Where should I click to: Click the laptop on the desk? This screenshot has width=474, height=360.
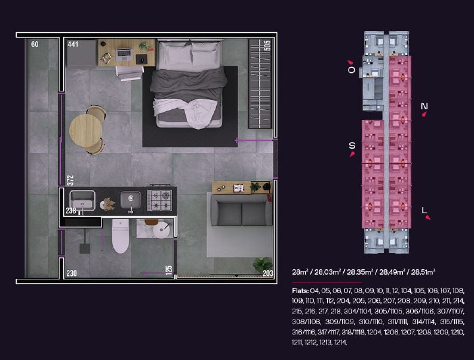click(124, 55)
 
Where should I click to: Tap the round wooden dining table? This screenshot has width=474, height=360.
click(85, 131)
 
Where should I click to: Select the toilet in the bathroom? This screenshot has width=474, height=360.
click(121, 236)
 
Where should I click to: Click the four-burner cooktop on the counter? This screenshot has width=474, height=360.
click(159, 200)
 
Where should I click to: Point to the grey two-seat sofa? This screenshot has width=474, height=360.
click(241, 210)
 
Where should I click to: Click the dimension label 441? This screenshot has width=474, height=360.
click(73, 44)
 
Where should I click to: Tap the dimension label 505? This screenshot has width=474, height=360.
click(267, 45)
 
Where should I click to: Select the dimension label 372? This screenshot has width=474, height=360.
click(70, 180)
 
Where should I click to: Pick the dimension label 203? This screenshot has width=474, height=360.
click(268, 273)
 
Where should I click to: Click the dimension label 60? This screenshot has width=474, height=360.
click(35, 44)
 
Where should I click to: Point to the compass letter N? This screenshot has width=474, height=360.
click(424, 106)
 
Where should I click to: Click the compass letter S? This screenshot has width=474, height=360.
click(352, 146)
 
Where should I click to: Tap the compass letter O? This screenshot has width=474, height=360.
click(351, 70)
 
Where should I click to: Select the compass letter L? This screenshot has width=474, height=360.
click(424, 210)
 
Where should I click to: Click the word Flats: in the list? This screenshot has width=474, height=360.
click(300, 291)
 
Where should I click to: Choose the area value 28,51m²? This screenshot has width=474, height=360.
click(423, 272)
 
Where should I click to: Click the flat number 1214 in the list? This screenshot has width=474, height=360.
click(341, 343)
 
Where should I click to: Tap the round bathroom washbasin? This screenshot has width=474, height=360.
click(161, 230)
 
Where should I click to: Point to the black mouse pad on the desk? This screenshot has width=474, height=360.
click(141, 59)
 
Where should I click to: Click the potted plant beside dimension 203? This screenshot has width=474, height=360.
click(263, 265)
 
